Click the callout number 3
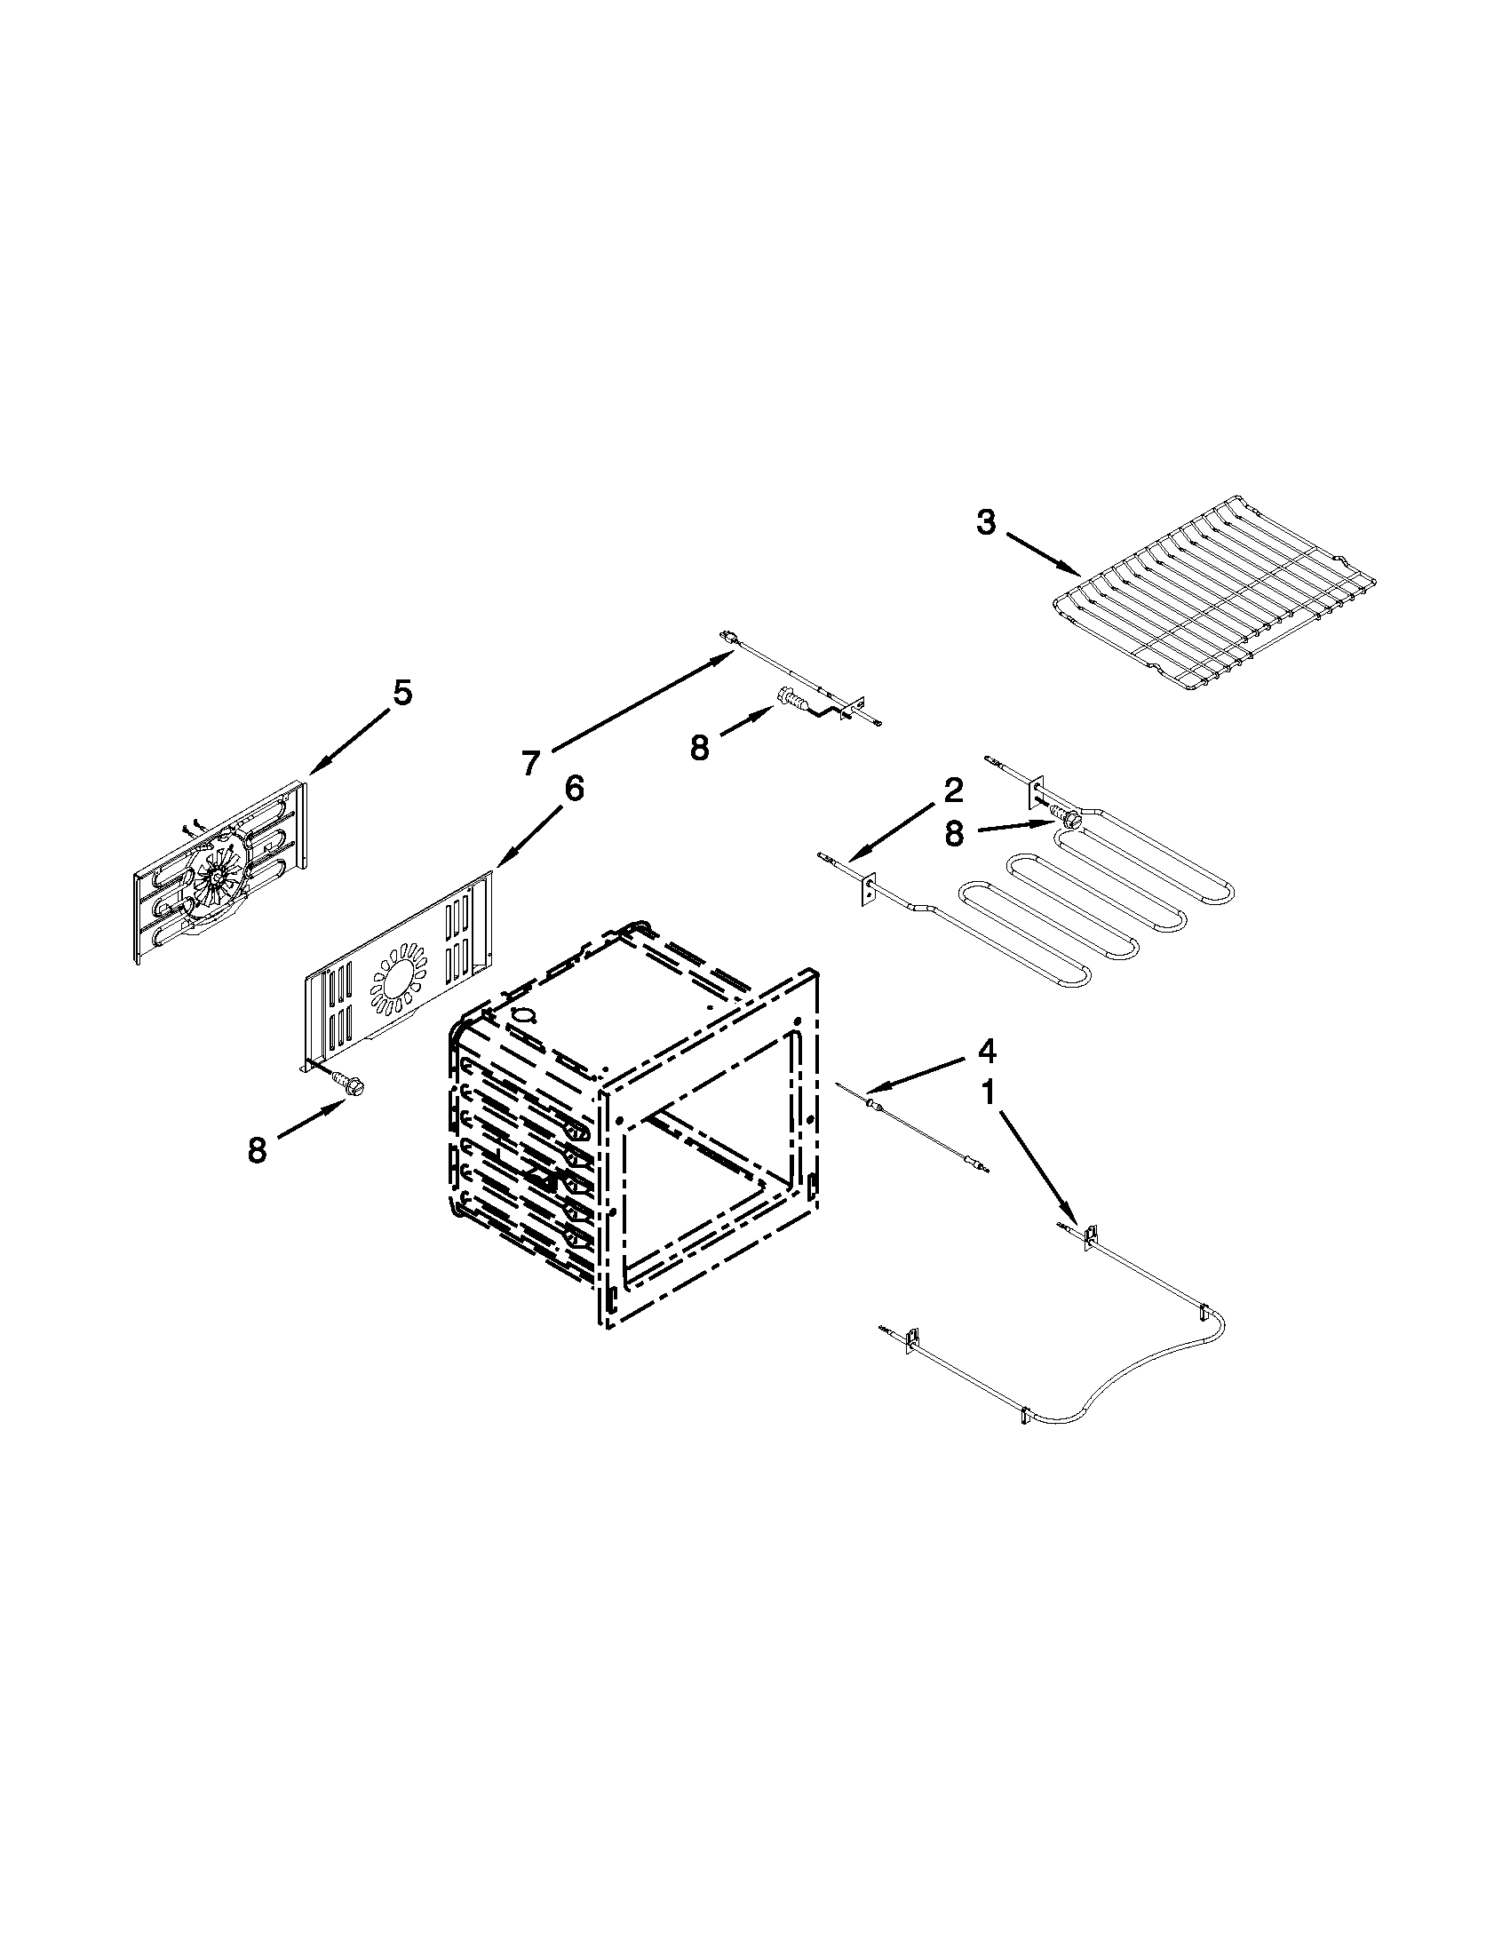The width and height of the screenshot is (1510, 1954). click(x=985, y=523)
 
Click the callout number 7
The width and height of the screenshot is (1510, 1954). click(x=531, y=763)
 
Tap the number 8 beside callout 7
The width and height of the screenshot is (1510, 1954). click(x=700, y=748)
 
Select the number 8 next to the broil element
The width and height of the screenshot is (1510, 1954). click(x=955, y=835)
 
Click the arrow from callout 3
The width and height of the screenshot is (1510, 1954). click(x=1043, y=555)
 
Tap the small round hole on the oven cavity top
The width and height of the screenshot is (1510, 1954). click(x=525, y=1017)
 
